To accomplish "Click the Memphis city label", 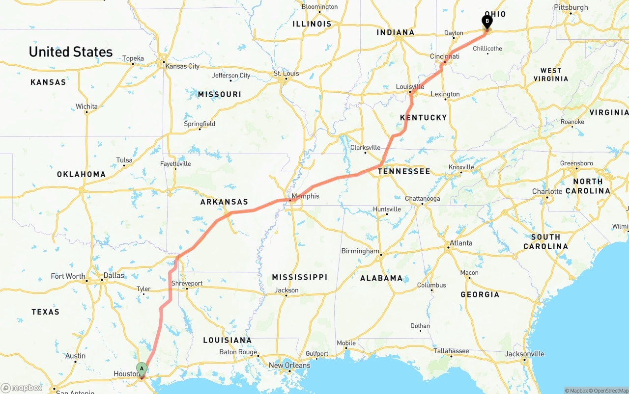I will pos(305,196).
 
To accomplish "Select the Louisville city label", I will pos(410,87).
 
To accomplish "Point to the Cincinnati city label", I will pos(445,56).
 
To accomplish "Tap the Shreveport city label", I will pos(187,284).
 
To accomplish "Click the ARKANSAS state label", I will pos(224,202).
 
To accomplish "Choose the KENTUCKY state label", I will pos(423,117).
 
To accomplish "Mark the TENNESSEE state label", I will pos(404,171).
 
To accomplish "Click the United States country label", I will pos(71,52).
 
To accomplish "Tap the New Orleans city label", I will pos(289,365).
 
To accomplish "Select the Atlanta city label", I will pos(461,243).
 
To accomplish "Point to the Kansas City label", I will pos(182,66).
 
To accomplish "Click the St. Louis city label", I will pos(286,74).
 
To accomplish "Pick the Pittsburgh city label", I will pos(571,7).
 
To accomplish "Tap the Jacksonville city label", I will pos(525,354).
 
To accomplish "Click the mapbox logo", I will pos(22,388).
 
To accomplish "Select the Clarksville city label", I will pos(365,148).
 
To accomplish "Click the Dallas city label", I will pos(114,275).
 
